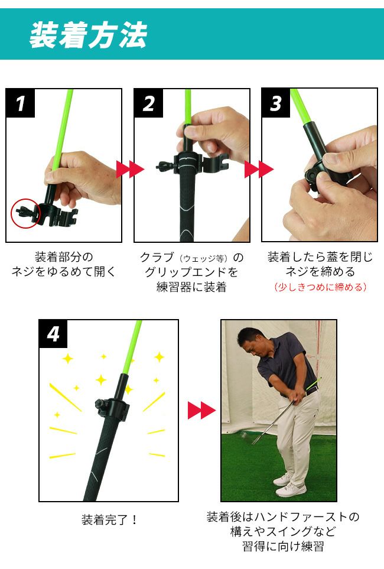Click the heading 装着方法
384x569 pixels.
click(x=88, y=35)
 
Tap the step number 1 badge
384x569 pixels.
click(x=20, y=103)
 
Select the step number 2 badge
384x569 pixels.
click(x=148, y=103)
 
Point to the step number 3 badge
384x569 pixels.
click(x=276, y=103)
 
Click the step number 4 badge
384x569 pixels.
click(x=53, y=334)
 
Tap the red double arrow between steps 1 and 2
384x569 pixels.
click(x=131, y=170)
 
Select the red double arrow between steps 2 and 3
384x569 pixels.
click(x=259, y=170)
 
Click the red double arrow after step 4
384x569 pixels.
click(x=202, y=411)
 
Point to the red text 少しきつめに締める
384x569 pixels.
click(x=320, y=287)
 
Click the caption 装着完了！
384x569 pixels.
click(x=109, y=519)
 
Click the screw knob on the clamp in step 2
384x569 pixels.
click(x=164, y=167)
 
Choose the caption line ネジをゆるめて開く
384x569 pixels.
click(x=64, y=271)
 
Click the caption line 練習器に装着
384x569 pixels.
click(x=191, y=287)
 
